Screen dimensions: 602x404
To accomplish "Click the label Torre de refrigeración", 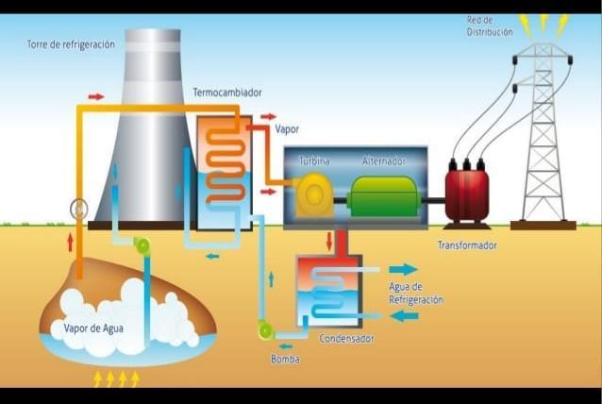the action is coord(70,44).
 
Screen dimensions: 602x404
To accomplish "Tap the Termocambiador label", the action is coord(227,93).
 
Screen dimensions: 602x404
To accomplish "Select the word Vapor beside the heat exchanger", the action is coord(287,128).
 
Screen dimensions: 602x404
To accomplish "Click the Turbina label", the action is coord(314,161).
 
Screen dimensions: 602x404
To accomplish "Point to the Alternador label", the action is coord(383,161).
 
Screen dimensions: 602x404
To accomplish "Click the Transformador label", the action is coord(467,245).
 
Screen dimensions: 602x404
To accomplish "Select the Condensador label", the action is coord(346,338).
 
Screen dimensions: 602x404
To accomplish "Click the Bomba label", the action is coord(285,360).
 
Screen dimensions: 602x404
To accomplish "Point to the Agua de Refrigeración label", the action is coord(415,293).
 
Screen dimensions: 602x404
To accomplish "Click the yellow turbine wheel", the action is coord(310,195).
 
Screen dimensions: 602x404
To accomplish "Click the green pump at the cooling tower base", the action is coord(142,246).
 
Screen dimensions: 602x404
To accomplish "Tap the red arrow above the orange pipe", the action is coord(96,96).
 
